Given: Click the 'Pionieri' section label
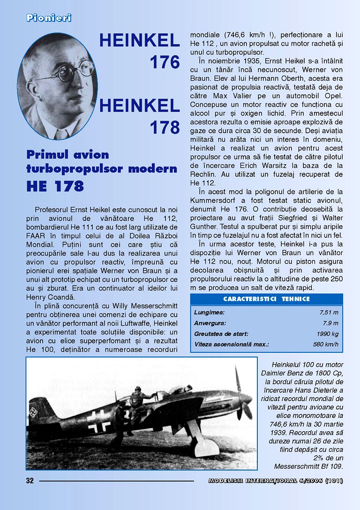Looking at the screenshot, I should (49, 18).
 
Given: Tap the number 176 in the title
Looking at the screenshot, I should (165, 62).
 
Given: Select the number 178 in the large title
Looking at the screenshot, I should (165, 127).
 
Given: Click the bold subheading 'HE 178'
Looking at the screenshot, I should (55, 186).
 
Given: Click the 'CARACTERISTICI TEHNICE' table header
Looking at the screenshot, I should (266, 299).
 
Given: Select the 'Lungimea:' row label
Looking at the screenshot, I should (209, 312).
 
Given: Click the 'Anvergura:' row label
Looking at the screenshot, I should (210, 323).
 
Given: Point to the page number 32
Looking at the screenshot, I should (30, 480).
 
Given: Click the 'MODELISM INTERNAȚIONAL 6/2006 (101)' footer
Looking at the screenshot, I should (276, 480).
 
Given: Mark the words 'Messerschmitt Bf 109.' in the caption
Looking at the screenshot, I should (308, 466).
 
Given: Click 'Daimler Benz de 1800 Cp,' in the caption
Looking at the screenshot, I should (302, 373).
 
